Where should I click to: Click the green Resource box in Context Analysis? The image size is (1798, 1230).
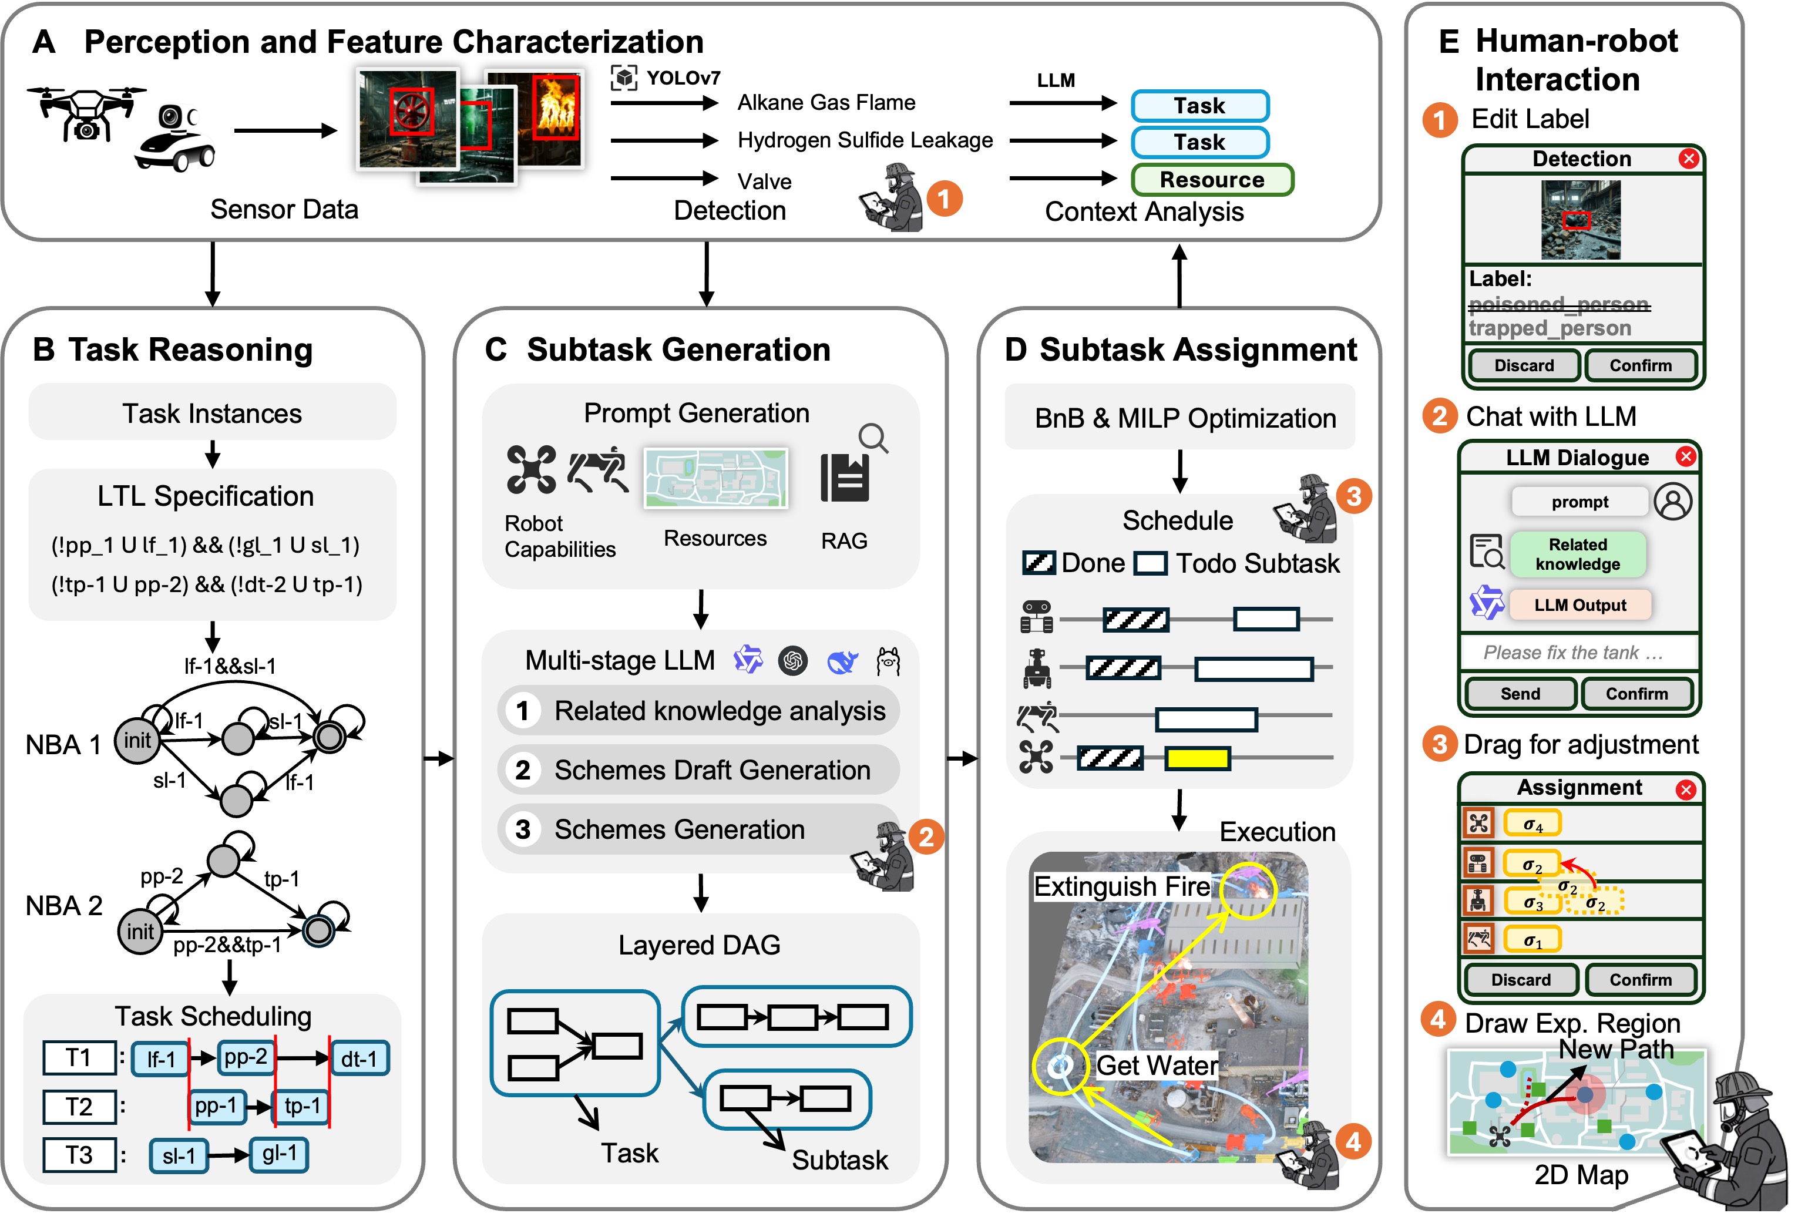coord(1212,180)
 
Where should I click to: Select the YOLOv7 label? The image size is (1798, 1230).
coord(683,78)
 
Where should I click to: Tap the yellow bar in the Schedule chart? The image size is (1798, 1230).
coord(1197,759)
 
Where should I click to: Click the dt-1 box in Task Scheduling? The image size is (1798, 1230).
coord(359,1059)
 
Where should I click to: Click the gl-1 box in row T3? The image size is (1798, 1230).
coord(279,1154)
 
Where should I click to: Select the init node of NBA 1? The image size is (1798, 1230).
coord(137,740)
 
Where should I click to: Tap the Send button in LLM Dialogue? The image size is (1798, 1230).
coord(1520,694)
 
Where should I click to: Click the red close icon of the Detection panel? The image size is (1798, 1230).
coord(1688,159)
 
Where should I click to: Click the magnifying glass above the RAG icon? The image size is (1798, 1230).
coord(873,438)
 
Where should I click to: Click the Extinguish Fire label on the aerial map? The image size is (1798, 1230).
coord(1122,886)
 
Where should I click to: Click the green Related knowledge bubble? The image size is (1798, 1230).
coord(1578,554)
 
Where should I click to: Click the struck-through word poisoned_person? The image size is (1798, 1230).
coord(1559,304)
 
